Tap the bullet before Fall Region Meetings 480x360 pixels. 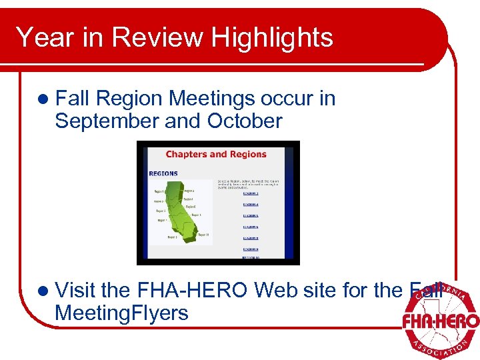[43, 99]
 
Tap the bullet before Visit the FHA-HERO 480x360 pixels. [43, 291]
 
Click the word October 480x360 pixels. [245, 121]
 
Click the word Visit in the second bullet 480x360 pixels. [76, 290]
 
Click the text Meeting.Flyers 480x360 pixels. [121, 313]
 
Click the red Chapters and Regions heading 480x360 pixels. [216, 155]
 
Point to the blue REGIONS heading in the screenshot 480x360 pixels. [163, 173]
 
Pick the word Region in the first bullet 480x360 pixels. [129, 99]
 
